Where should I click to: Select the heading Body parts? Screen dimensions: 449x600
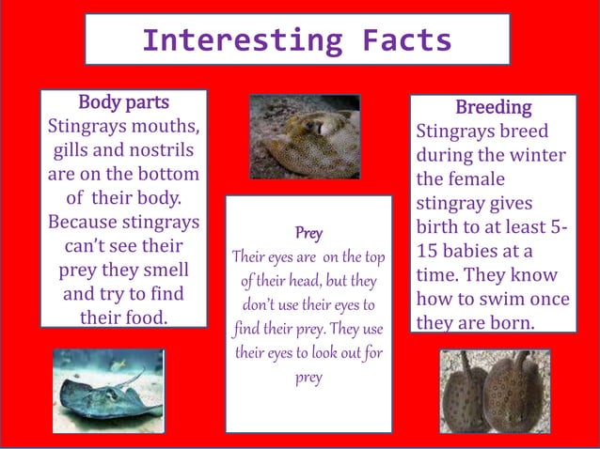pos(123,101)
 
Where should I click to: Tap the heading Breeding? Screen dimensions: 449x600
pos(493,107)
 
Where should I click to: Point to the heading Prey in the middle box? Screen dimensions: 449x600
pos(308,231)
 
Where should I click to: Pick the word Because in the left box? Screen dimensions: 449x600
pos(81,223)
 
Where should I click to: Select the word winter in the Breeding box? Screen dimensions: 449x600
pos(538,155)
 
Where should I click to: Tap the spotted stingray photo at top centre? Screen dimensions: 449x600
pos(305,137)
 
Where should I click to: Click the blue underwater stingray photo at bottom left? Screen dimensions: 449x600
pos(108,391)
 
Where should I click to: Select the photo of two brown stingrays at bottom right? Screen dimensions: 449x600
pos(496,391)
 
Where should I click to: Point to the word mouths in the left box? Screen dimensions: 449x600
pos(165,126)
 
